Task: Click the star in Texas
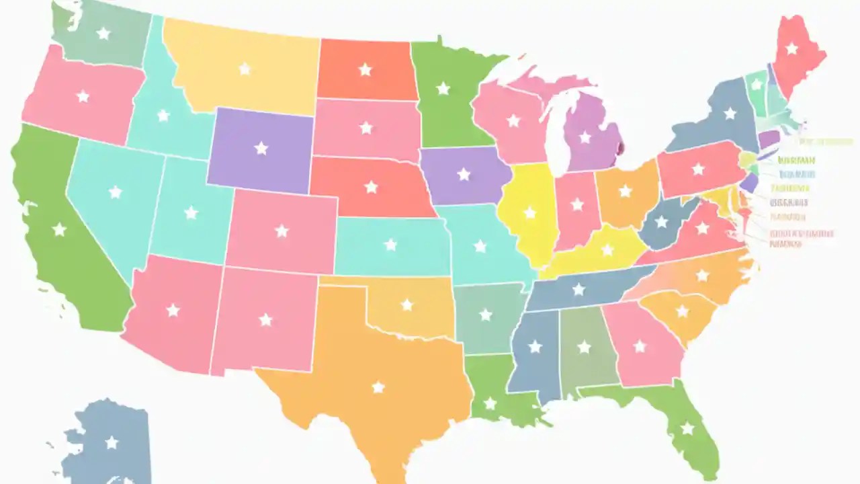coord(378,387)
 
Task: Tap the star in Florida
coord(687,428)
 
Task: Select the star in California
coord(59,230)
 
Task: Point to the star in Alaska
coord(112,442)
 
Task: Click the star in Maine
coord(791,48)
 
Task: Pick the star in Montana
coord(245,69)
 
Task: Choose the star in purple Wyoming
coord(261,149)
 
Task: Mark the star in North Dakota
coord(365,69)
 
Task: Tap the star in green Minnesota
coord(443,88)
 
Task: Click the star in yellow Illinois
coord(530,213)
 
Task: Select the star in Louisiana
coord(490,403)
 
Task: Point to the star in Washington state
coord(103,33)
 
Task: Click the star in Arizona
coord(173,310)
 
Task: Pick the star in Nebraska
coord(371,187)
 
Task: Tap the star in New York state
coord(730,114)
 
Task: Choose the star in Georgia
coord(640,346)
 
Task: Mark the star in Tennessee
coord(578,290)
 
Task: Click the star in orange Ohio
coord(625,191)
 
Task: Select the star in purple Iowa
coord(464,174)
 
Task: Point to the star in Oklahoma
coord(406,305)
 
